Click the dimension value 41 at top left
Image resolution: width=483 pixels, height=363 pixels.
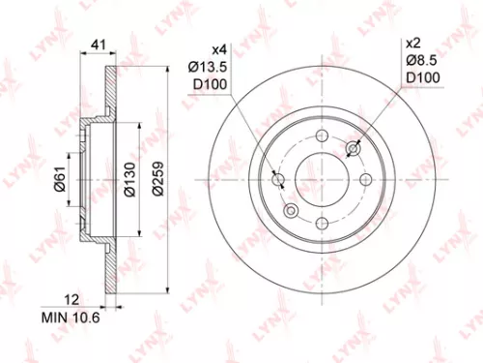coord(97,43)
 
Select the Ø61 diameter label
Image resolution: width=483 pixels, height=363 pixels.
coord(59,180)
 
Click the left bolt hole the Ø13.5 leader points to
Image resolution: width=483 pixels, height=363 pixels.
coord(278,181)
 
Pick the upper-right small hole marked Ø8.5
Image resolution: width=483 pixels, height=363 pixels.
coord(352,148)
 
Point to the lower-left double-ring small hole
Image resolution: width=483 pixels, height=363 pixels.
coord(289,209)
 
